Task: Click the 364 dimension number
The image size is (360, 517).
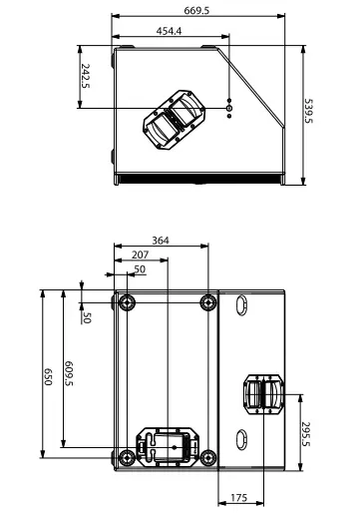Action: (161, 240)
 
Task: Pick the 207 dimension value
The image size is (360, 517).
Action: (140, 256)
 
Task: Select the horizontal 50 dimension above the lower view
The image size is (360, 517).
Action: (139, 269)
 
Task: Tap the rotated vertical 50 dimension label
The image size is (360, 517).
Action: (87, 317)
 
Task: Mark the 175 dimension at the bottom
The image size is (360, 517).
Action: (239, 497)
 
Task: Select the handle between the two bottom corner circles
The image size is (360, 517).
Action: (167, 445)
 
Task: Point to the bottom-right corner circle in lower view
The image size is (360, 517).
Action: (206, 457)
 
